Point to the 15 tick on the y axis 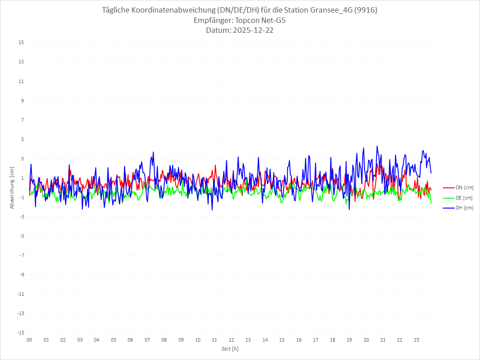[x=21, y=43]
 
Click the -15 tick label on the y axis [x=20, y=333]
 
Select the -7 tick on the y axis [x=21, y=255]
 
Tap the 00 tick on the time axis [x=29, y=340]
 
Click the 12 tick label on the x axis [x=231, y=340]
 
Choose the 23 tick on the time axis [x=417, y=340]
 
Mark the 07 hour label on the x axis [x=147, y=340]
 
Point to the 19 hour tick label [x=349, y=340]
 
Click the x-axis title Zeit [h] [x=230, y=349]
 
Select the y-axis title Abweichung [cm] [x=12, y=188]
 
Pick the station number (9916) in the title [x=366, y=10]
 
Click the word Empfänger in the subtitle [x=213, y=20]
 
